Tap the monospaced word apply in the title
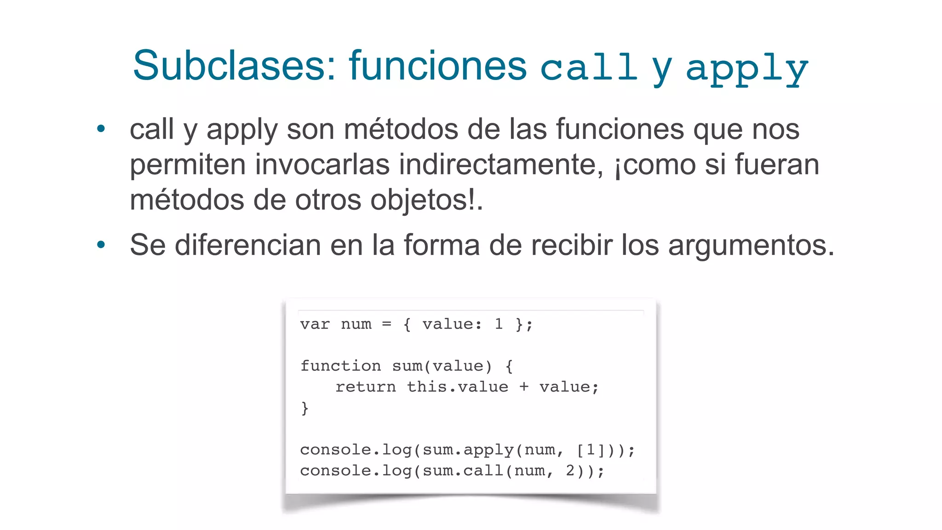click(747, 68)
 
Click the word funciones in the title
click(437, 66)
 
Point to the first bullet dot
click(101, 129)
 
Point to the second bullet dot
click(101, 245)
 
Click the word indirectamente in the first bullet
click(501, 164)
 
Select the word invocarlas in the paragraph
click(322, 164)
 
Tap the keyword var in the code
click(315, 324)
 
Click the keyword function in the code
click(340, 366)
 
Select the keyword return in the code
click(366, 387)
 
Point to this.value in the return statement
click(458, 387)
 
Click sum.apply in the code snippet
click(468, 449)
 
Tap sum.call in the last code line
click(463, 471)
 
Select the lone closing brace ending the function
click(304, 408)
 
